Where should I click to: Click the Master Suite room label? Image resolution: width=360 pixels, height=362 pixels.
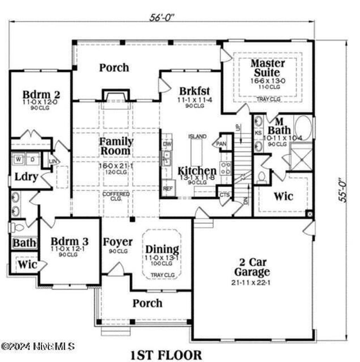click(x=268, y=68)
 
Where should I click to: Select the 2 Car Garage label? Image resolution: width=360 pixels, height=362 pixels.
click(x=252, y=267)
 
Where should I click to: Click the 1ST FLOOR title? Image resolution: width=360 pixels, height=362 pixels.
click(x=166, y=355)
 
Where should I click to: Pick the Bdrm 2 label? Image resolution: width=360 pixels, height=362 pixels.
click(x=41, y=95)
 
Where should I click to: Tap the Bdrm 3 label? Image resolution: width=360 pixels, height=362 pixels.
click(x=70, y=242)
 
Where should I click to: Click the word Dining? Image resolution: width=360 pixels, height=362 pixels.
click(x=162, y=250)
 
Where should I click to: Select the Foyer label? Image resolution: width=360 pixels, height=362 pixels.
click(x=117, y=242)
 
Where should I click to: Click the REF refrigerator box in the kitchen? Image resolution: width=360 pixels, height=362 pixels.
click(x=167, y=188)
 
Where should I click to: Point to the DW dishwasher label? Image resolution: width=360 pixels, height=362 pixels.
click(x=167, y=144)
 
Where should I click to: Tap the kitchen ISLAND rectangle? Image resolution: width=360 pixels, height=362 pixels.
click(x=197, y=153)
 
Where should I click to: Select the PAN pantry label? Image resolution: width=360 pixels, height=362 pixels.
click(x=221, y=144)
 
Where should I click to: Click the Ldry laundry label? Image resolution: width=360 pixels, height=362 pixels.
click(x=26, y=177)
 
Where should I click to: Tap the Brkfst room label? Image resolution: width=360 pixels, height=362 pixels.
click(x=194, y=90)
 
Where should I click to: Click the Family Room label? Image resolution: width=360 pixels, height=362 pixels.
click(x=116, y=146)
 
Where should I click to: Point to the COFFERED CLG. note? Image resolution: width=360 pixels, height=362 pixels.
click(x=116, y=196)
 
